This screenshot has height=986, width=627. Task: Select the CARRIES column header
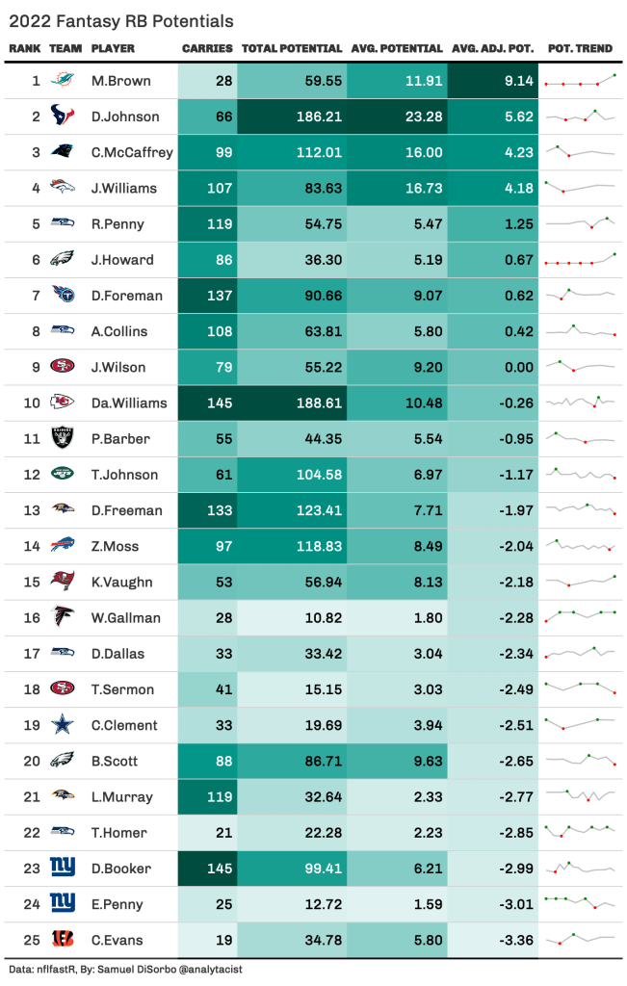click(x=206, y=48)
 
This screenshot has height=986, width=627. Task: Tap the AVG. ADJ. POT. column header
click(x=493, y=48)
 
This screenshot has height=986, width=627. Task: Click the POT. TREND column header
click(x=580, y=48)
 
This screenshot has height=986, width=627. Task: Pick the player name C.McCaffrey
click(x=132, y=152)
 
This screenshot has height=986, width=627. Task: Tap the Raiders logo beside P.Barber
click(x=63, y=438)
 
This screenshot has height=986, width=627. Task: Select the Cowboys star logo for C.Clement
click(x=63, y=724)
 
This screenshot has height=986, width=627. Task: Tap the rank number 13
click(x=32, y=510)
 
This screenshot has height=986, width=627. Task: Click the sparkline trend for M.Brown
click(x=580, y=81)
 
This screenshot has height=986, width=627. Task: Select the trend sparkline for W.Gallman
click(x=580, y=617)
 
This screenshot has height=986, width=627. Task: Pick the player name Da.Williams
click(x=129, y=402)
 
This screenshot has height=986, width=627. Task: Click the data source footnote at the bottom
click(x=125, y=970)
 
